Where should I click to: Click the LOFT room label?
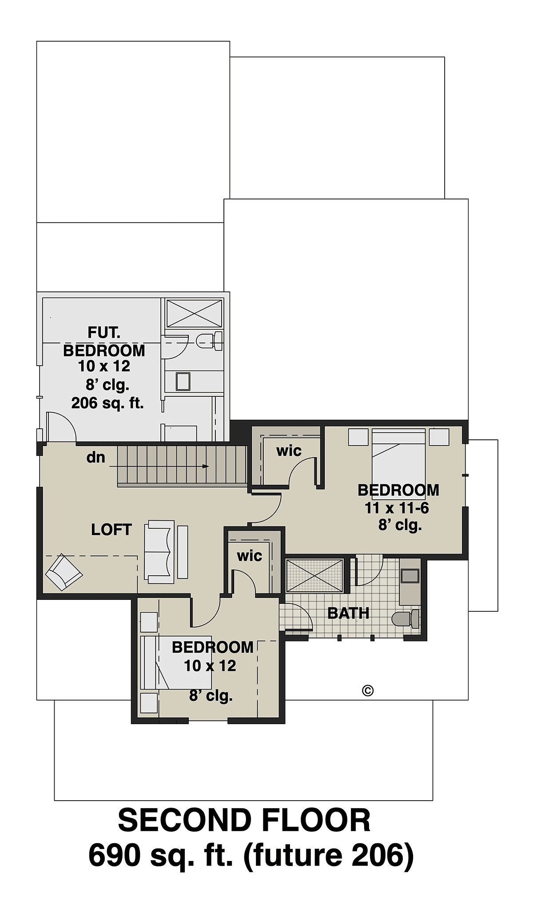coord(111,530)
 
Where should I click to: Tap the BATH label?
coord(349,614)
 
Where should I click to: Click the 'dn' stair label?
coord(96,457)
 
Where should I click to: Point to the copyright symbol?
coord(368,690)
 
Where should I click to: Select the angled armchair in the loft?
coord(64,572)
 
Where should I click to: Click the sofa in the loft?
coord(159,551)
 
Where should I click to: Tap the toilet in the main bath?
coord(406,619)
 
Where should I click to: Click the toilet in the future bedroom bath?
coord(210,340)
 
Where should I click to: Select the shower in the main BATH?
coord(314,575)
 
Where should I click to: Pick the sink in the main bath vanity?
coord(410,576)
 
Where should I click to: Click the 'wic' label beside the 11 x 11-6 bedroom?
coord(289,450)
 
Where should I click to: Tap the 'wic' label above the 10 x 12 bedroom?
coord(249,555)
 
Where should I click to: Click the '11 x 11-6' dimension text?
coord(397,508)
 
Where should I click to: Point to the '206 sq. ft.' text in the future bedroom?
coord(107,403)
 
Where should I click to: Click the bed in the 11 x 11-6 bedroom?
coord(398,457)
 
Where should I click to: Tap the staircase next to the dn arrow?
coord(182,465)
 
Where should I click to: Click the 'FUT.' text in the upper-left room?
coord(104,332)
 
